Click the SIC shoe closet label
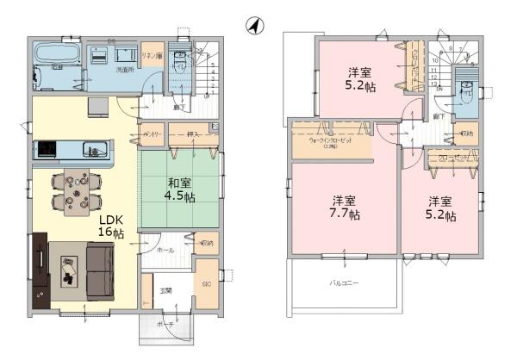[207, 282]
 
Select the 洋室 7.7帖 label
[342, 207]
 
